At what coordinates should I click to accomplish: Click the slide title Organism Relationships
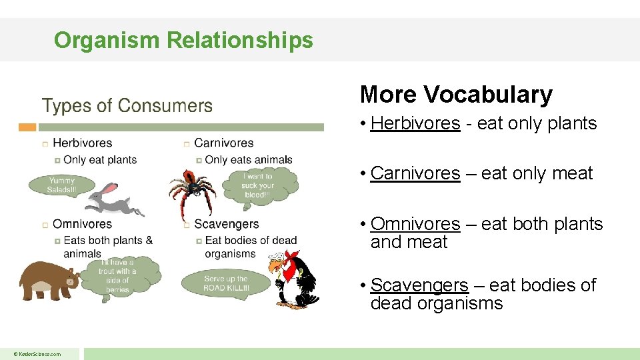coord(183,40)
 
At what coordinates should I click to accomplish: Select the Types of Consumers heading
coord(127,106)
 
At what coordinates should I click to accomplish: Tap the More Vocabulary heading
coord(456,95)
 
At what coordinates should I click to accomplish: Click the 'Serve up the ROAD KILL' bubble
coord(225,283)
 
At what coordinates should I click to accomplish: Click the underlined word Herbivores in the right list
coord(415,123)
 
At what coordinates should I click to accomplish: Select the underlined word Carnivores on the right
coord(415,173)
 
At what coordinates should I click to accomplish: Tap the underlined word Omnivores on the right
coord(415,224)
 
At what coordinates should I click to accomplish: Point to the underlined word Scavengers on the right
coord(419,285)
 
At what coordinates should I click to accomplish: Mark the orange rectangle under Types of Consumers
coord(27,127)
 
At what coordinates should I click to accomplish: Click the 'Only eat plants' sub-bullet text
coord(100,160)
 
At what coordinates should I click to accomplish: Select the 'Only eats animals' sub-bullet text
coord(249,160)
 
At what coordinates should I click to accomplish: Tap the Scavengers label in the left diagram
coord(226,224)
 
